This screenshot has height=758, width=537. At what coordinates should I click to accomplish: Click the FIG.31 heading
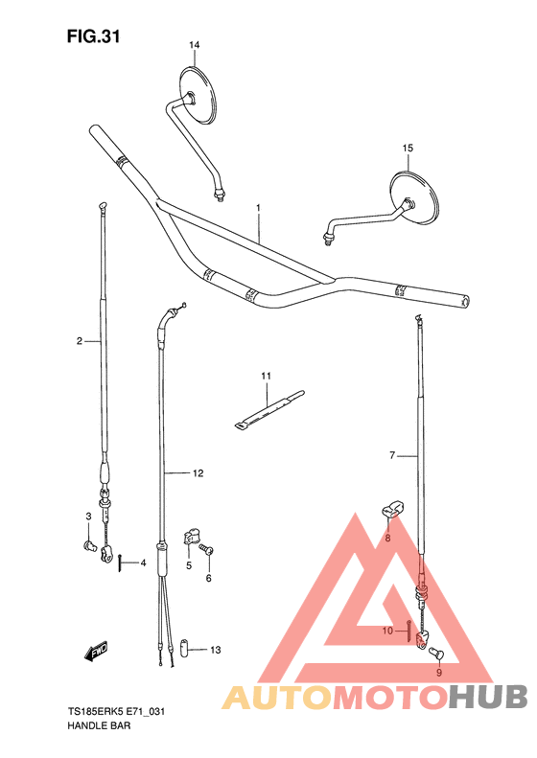[93, 36]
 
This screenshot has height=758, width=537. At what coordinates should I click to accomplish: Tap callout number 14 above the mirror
[194, 45]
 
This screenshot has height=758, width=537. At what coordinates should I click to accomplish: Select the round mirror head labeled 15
[414, 196]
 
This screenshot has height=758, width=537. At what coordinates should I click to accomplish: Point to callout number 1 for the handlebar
[258, 207]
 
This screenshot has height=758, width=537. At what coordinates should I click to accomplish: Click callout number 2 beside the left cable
[80, 341]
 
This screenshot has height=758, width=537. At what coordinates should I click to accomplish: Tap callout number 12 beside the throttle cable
[198, 473]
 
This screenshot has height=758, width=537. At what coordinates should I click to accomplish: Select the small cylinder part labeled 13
[184, 648]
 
